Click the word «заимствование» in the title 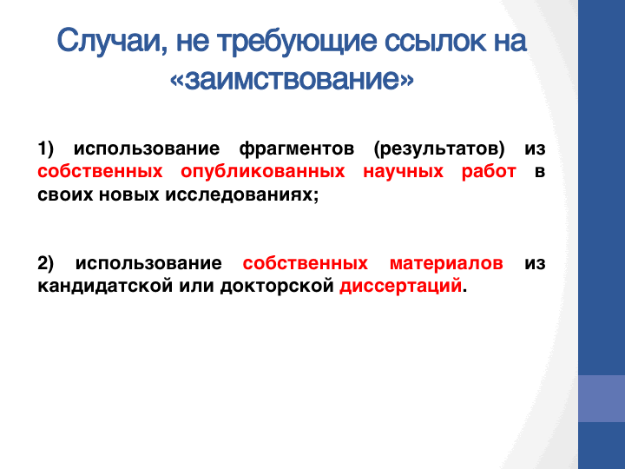292,79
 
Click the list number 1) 45,149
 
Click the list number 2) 45,263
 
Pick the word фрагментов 297,149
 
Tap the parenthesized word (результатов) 439,149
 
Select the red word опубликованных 263,172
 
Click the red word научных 403,172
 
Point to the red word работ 489,172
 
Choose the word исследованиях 242,195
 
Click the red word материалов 446,264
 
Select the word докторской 277,286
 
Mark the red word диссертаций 400,287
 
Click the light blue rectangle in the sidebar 602,399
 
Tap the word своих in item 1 65,195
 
